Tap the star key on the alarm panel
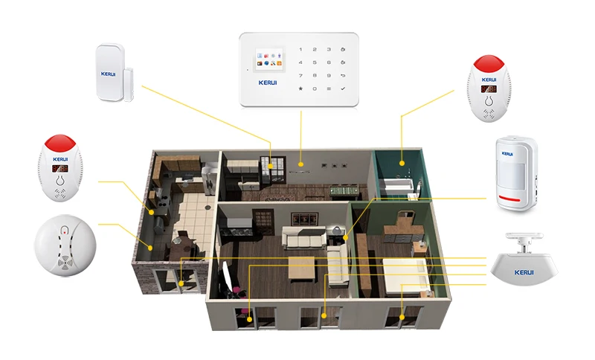[x=300, y=89]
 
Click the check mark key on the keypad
[x=343, y=89]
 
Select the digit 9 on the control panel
[x=329, y=75]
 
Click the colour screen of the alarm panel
[x=269, y=59]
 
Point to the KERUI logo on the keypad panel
[x=268, y=83]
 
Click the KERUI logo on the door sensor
[x=108, y=74]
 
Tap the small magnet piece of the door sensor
[x=129, y=84]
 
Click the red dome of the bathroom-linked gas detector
[x=489, y=64]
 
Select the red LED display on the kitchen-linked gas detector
[x=60, y=168]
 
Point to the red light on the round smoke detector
[x=65, y=231]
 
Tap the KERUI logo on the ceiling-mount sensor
[x=524, y=272]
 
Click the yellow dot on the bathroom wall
[x=402, y=164]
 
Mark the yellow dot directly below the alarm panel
[x=301, y=164]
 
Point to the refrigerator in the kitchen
[x=209, y=178]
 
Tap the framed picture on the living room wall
[x=304, y=219]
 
